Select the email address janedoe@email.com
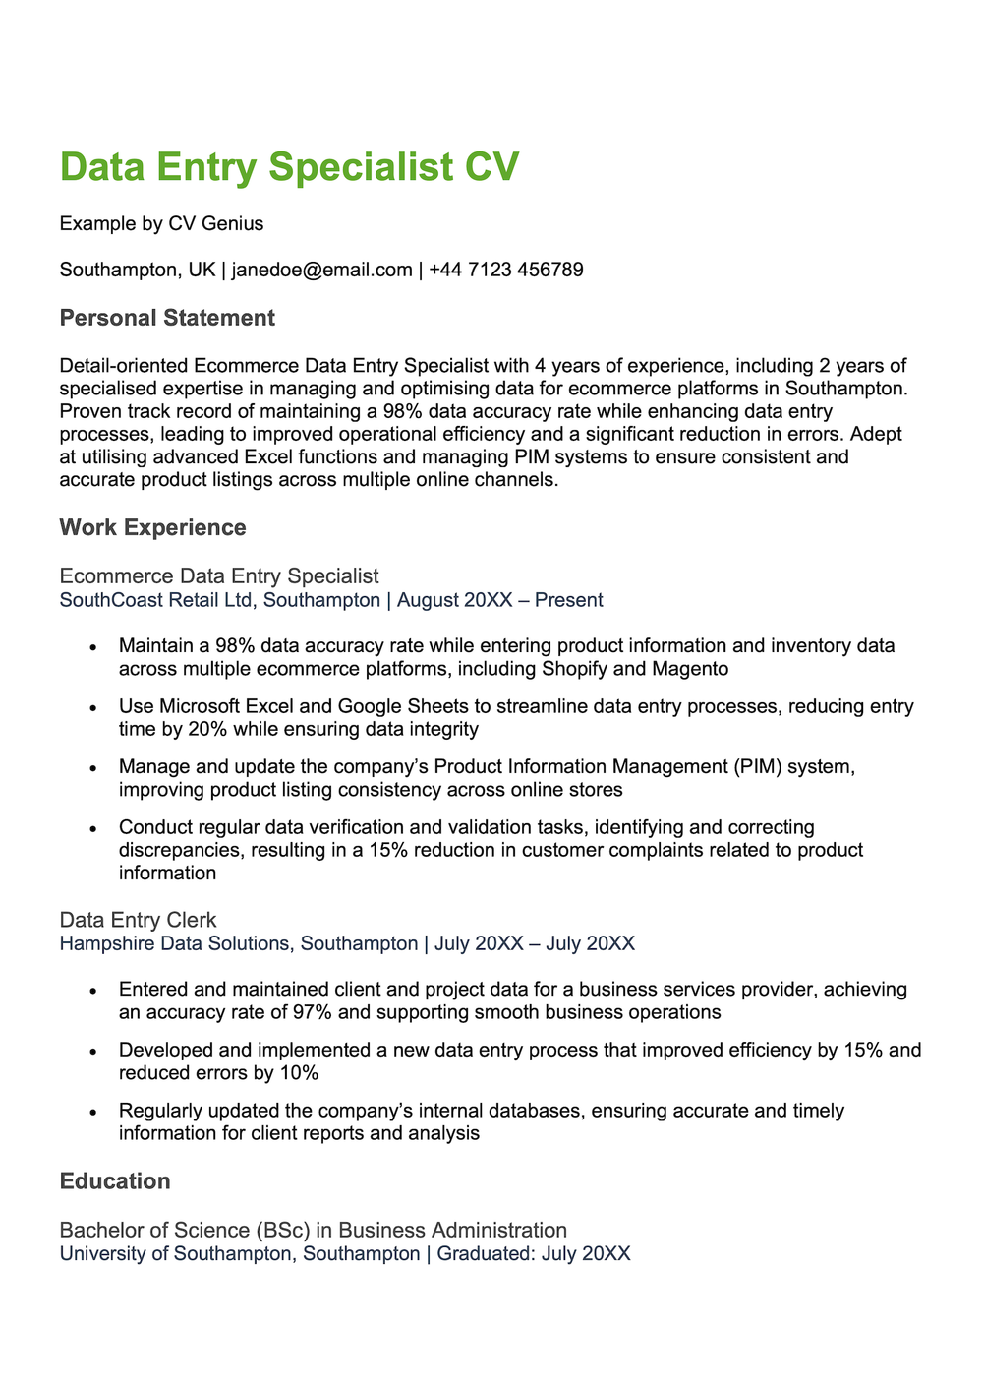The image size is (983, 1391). tap(321, 270)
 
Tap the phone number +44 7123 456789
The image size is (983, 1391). tap(506, 270)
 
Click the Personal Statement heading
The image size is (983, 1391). tap(167, 318)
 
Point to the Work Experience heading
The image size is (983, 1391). tap(152, 527)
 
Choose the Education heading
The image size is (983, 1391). tap(115, 1180)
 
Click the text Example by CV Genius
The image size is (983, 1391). tap(161, 223)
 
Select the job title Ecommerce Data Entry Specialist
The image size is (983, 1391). tap(218, 575)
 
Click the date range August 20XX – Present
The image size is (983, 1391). tap(499, 600)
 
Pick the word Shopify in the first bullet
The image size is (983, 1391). tap(576, 669)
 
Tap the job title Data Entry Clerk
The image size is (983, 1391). tap(138, 920)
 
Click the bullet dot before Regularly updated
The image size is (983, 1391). tap(92, 1112)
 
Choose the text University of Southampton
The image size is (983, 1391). tap(176, 1254)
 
